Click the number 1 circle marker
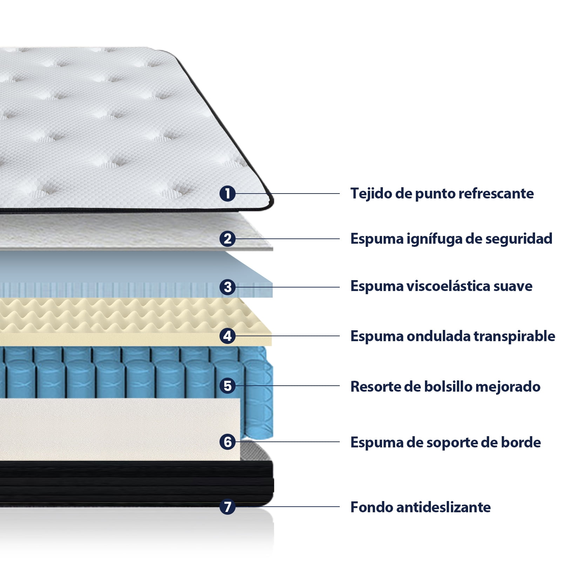pyautogui.click(x=228, y=194)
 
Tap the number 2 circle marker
pyautogui.click(x=228, y=239)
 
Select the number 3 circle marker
pyautogui.click(x=228, y=287)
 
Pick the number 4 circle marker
pyautogui.click(x=228, y=336)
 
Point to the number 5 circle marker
pyautogui.click(x=228, y=386)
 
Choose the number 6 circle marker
pyautogui.click(x=228, y=442)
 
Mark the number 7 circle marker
pyautogui.click(x=228, y=507)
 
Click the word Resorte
pyautogui.click(x=375, y=387)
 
